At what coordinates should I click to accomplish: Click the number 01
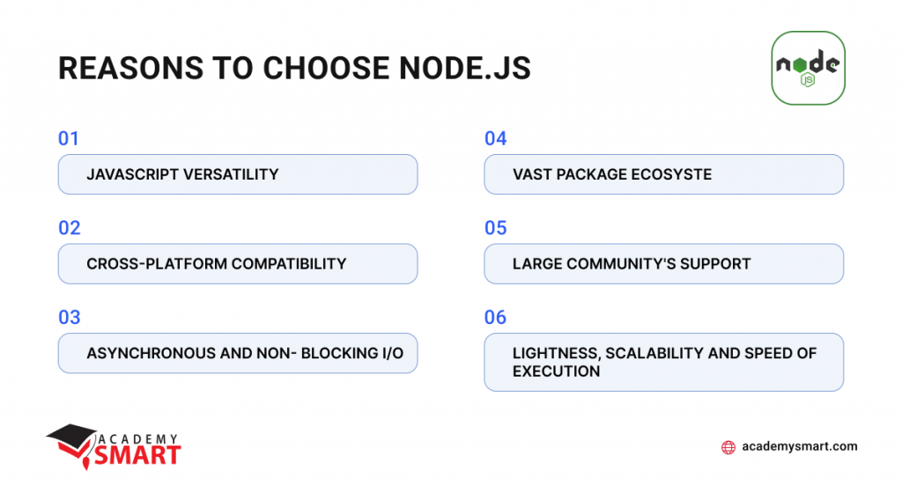(x=69, y=138)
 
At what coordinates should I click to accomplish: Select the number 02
(x=70, y=228)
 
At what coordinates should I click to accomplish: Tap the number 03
(x=70, y=317)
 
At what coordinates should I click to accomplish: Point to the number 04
(x=496, y=138)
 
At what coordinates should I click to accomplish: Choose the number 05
(x=496, y=228)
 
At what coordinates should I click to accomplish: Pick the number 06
(x=496, y=317)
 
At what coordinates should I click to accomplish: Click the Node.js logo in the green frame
(x=808, y=68)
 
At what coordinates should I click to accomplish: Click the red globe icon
(x=728, y=447)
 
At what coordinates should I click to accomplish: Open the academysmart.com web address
(x=800, y=446)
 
